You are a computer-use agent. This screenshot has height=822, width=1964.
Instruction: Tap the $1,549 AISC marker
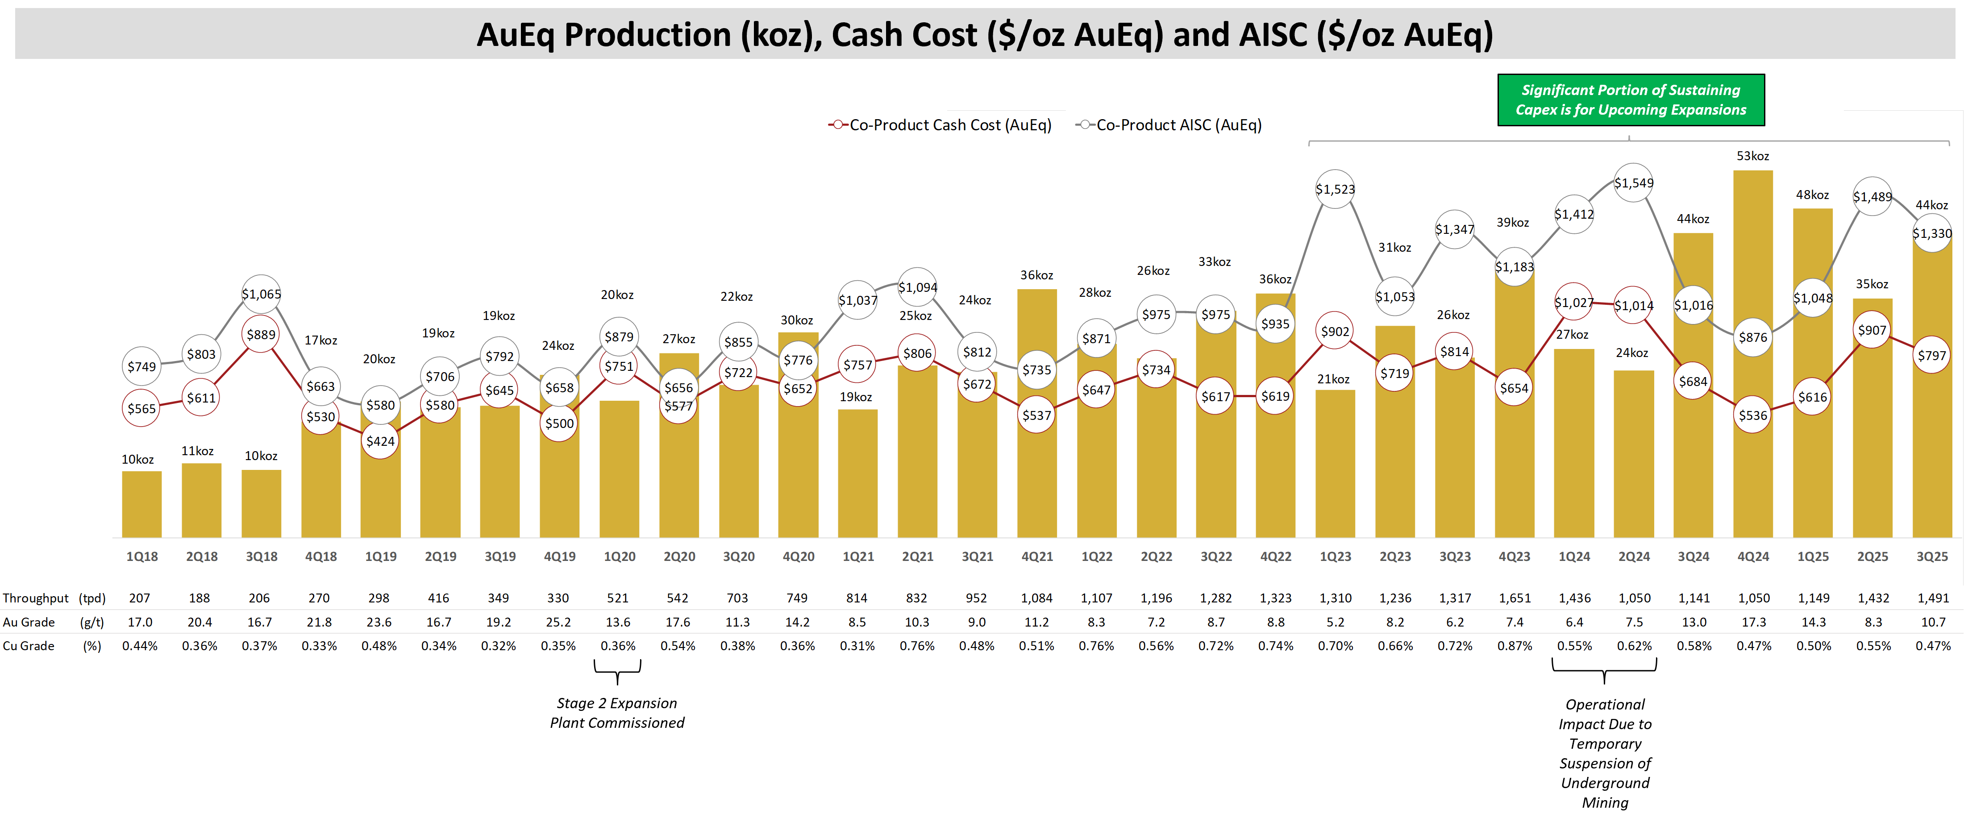pos(1633,183)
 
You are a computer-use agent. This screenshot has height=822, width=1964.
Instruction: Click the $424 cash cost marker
pos(380,441)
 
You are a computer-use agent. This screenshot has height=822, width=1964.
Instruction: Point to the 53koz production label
pos(1752,156)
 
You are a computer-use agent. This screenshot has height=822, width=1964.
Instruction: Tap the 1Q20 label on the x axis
pos(619,556)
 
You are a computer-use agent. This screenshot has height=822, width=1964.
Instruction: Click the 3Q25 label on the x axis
pos(1931,556)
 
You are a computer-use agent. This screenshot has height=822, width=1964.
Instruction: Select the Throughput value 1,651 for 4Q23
pos(1514,598)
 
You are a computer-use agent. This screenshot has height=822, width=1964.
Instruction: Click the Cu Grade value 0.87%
pos(1514,646)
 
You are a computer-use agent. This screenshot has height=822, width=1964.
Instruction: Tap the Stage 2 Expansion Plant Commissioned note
pos(617,713)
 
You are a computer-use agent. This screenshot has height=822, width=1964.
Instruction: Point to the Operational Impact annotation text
pos(1604,753)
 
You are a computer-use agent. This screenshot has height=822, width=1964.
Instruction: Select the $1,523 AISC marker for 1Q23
pos(1335,189)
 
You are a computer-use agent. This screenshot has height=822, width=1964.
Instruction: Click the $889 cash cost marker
pos(261,335)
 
